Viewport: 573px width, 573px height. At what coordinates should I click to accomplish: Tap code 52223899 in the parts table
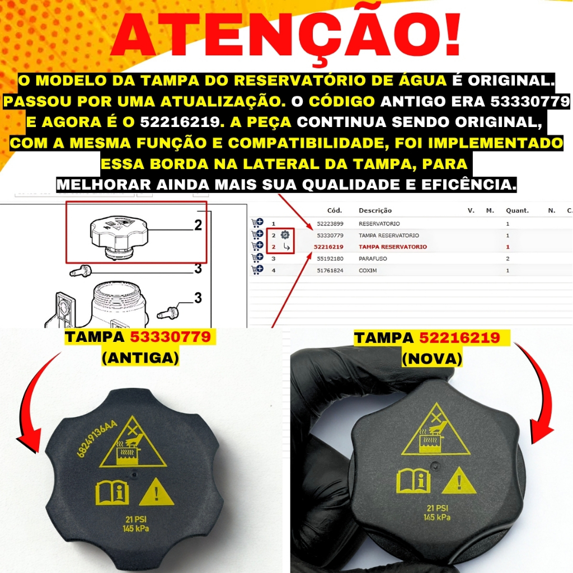tap(330, 224)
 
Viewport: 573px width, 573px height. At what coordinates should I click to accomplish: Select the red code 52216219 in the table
tap(328, 247)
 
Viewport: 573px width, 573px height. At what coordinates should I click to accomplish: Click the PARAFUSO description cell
tap(373, 259)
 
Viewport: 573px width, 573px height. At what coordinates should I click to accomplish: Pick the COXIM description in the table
tap(368, 270)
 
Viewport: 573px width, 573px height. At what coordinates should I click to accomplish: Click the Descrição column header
tap(375, 210)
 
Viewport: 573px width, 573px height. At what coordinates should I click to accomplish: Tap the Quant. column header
tap(516, 210)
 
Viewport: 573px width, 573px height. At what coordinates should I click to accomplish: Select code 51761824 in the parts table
tap(330, 270)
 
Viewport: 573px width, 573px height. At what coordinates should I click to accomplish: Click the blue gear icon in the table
tap(285, 235)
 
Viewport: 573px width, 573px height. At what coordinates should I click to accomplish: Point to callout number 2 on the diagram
tap(198, 225)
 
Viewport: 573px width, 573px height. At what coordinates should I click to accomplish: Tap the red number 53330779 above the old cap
tap(171, 337)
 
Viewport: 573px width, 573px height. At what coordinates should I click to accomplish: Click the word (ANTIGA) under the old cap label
tap(140, 358)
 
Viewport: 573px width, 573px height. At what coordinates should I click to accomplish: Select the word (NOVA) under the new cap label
tap(432, 359)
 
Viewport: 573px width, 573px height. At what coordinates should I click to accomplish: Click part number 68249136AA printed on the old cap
tap(97, 438)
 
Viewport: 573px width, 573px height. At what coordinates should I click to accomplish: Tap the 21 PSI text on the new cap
tap(438, 508)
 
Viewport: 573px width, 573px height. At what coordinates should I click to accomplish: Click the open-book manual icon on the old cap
tap(112, 493)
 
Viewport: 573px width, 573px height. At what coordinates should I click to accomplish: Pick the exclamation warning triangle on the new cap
tap(459, 481)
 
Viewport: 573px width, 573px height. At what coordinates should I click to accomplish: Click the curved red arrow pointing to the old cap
tap(27, 406)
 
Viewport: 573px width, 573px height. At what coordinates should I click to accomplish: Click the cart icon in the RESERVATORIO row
tap(257, 223)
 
